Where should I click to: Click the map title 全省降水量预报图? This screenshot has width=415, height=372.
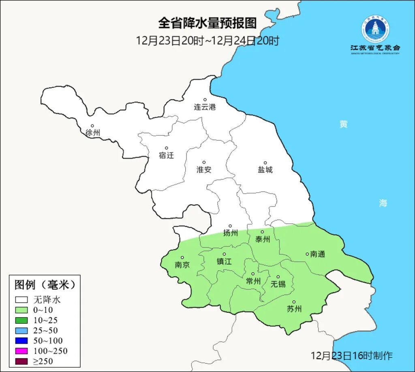pyautogui.click(x=207, y=23)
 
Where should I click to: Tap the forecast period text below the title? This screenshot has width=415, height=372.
pyautogui.click(x=207, y=41)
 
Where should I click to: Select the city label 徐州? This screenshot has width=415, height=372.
pyautogui.click(x=93, y=133)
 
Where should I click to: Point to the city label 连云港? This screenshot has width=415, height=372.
pyautogui.click(x=205, y=107)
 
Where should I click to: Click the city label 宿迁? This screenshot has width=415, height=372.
pyautogui.click(x=166, y=155)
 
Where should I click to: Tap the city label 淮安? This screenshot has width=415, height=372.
pyautogui.click(x=204, y=170)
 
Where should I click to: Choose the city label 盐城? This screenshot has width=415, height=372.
pyautogui.click(x=265, y=170)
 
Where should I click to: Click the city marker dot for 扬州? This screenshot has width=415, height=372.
pyautogui.click(x=230, y=226)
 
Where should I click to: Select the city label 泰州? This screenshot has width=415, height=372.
pyautogui.click(x=262, y=239)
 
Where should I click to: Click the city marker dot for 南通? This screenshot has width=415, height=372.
pyautogui.click(x=307, y=254)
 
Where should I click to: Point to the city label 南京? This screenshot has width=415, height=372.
pyautogui.click(x=182, y=265)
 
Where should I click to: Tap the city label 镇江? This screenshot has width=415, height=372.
pyautogui.click(x=224, y=262)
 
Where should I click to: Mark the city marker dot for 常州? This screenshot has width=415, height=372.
pyautogui.click(x=252, y=274)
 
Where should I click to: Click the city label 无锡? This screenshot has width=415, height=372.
pyautogui.click(x=278, y=284)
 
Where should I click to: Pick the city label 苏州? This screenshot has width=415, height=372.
pyautogui.click(x=294, y=309)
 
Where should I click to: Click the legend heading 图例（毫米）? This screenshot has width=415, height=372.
pyautogui.click(x=45, y=285)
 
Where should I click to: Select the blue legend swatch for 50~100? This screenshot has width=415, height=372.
pyautogui.click(x=21, y=341)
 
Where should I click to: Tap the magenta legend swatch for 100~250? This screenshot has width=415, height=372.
pyautogui.click(x=21, y=351)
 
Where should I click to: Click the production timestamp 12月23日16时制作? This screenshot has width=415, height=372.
pyautogui.click(x=351, y=356)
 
